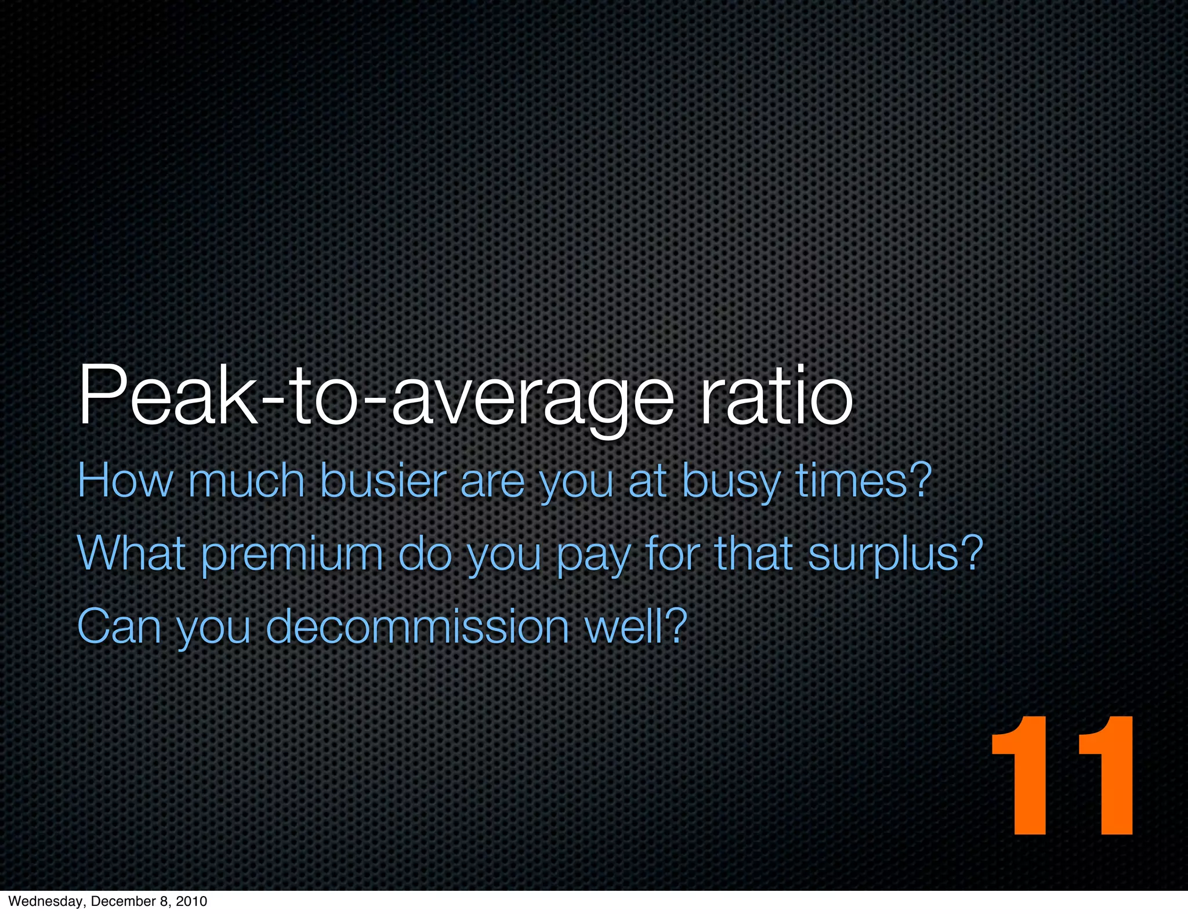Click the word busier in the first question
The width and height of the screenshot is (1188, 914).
(x=383, y=481)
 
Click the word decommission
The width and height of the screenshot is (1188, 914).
(x=417, y=628)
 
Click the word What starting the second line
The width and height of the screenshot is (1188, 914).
(x=131, y=554)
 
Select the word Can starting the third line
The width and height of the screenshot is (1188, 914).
(x=118, y=628)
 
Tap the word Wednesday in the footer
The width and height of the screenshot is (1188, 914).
(x=45, y=901)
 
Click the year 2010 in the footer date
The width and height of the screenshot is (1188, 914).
(x=191, y=901)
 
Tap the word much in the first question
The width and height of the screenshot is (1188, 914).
(x=246, y=481)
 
